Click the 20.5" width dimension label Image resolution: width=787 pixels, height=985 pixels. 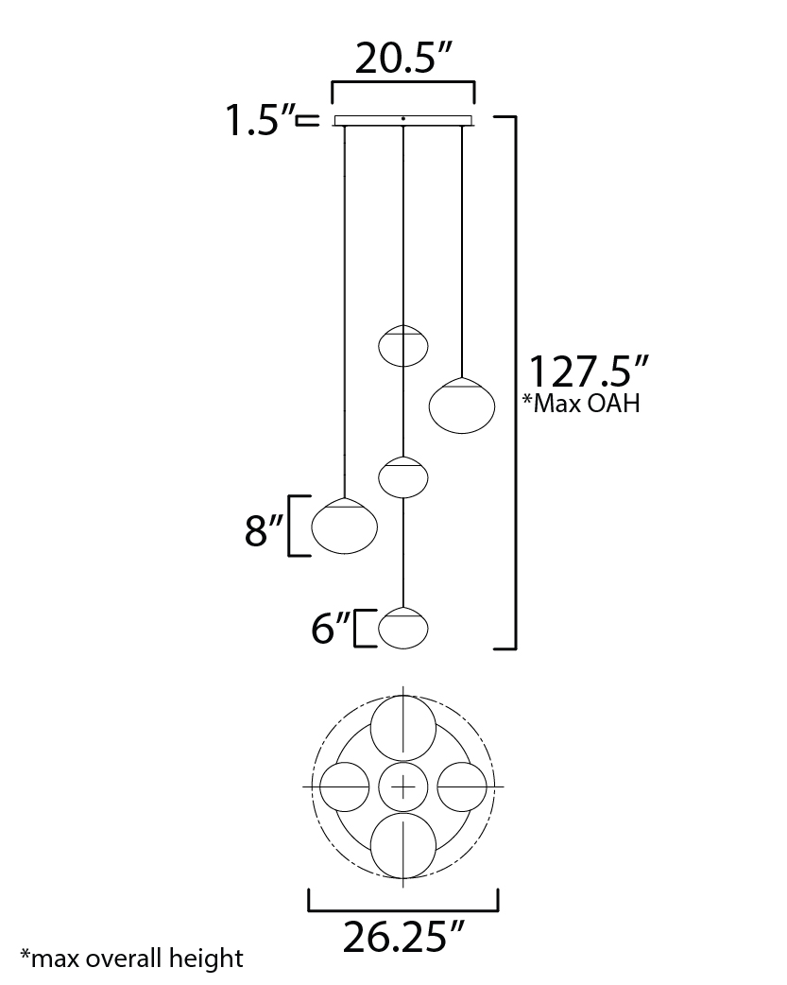403,59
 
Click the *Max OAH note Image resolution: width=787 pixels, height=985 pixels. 582,403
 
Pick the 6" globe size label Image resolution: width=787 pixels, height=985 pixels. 331,628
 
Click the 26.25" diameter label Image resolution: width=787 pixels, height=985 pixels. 403,937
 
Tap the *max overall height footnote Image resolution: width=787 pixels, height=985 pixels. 132,959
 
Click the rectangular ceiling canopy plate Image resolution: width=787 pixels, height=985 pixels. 403,121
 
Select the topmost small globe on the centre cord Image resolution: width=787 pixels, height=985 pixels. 403,345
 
